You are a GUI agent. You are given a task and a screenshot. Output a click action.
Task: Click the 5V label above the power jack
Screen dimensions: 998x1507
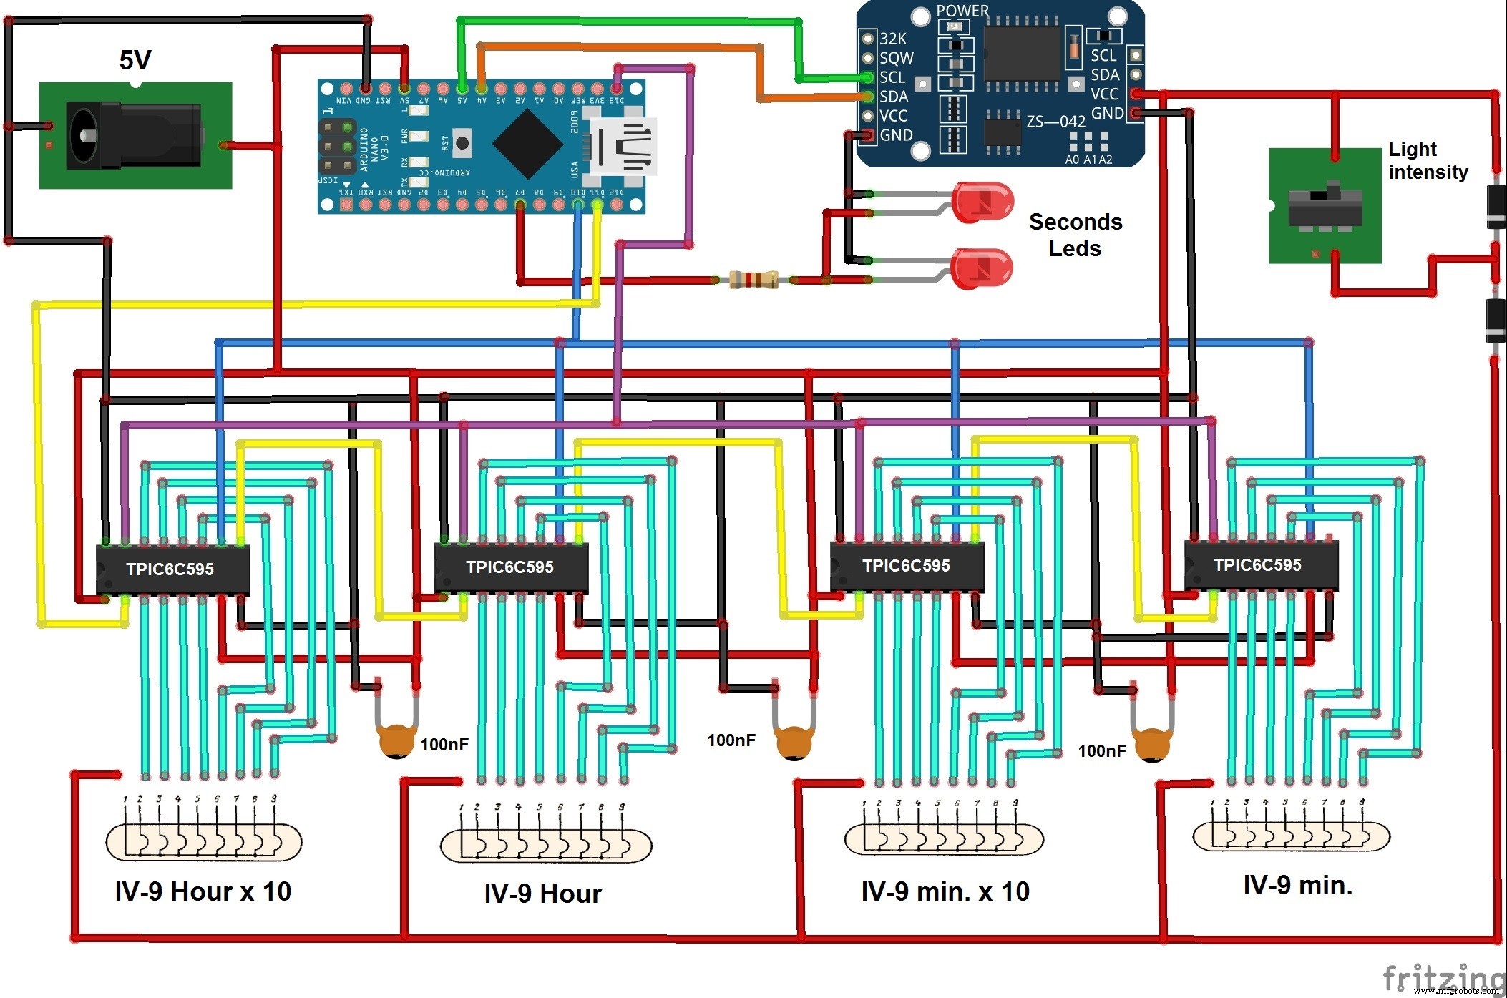coord(135,60)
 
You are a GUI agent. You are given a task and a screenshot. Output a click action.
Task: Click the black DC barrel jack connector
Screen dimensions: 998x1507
coord(133,136)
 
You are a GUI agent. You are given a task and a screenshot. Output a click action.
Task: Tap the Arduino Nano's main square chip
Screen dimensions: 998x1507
coord(527,144)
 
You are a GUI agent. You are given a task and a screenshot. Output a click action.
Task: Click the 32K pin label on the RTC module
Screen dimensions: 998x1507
coord(892,39)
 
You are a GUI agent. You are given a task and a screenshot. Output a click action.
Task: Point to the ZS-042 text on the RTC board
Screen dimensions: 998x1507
coord(1055,122)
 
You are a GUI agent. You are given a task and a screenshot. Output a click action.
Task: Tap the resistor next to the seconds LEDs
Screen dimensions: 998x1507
coord(753,280)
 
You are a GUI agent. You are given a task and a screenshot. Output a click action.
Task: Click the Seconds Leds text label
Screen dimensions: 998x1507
coord(1075,235)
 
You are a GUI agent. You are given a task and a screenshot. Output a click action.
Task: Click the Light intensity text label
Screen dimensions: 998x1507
coord(1427,160)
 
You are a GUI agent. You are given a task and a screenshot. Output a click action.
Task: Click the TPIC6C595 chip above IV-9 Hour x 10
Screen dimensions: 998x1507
coord(172,569)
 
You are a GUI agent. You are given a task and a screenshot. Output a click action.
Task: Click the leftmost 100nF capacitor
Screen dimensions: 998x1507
coord(396,741)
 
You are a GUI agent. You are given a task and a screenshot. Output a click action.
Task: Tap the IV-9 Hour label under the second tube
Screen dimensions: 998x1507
coord(542,894)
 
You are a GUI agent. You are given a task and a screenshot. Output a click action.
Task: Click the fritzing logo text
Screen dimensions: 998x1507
coord(1443,977)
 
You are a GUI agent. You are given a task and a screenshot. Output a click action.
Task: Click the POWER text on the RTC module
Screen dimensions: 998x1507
coord(962,11)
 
